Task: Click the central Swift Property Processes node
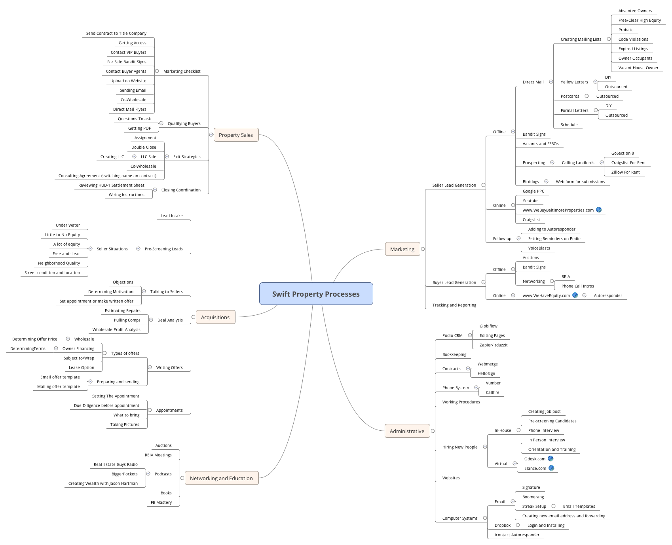coord(316,294)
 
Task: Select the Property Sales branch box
coord(236,135)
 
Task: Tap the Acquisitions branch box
coord(215,317)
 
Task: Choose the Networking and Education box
coord(221,478)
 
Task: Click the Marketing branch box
coord(402,249)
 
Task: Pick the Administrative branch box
coord(407,431)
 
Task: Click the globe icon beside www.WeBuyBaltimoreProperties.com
coord(599,210)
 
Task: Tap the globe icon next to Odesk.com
coord(551,458)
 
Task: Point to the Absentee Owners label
coord(635,11)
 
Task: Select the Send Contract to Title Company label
coord(116,33)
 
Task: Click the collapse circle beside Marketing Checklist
coord(157,71)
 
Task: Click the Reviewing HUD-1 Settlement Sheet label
coord(111,185)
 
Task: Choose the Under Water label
coord(68,225)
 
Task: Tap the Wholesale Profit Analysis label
coord(116,329)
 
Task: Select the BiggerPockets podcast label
coord(125,474)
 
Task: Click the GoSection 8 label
coord(622,153)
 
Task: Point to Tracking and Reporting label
coord(454,305)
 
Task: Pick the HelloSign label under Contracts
coord(486,373)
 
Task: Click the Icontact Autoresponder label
coord(517,535)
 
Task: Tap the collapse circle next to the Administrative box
coord(433,431)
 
